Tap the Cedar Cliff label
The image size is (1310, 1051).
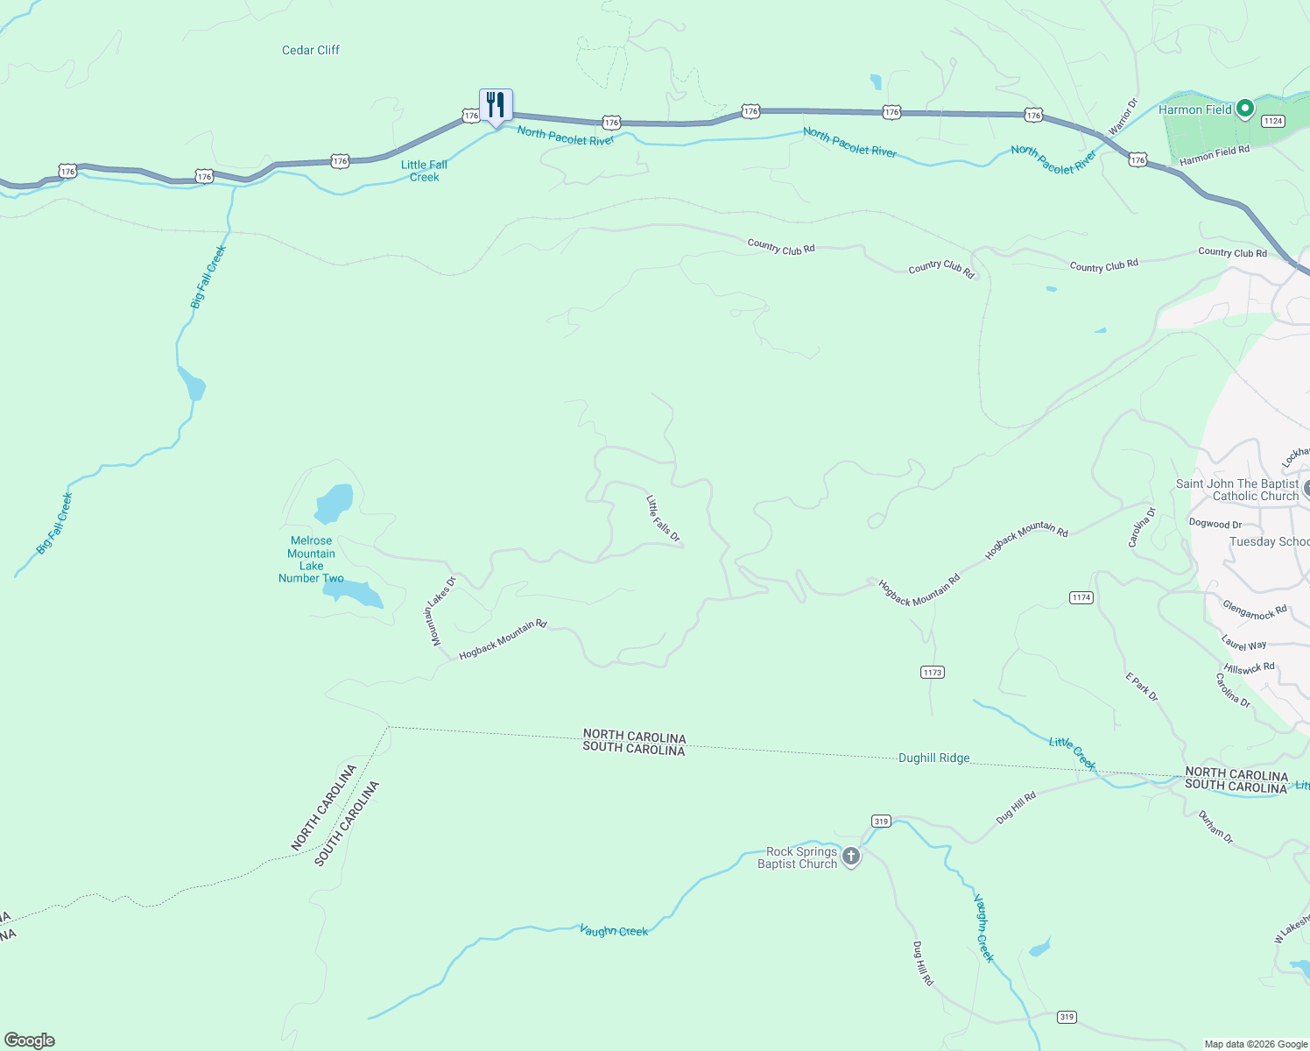coord(310,50)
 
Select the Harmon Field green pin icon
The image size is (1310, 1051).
coord(1244,109)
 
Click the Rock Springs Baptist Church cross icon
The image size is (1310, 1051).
coord(850,857)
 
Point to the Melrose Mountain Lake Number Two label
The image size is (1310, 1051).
coord(311,559)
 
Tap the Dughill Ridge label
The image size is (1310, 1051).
coord(933,758)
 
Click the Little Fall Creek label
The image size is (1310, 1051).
coord(425,171)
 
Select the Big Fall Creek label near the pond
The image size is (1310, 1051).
coord(208,277)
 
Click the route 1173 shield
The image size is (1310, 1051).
coord(932,672)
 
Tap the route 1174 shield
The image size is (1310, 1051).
coord(1081,597)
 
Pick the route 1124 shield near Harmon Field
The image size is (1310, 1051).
coord(1272,121)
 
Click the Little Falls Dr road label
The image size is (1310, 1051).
coord(663,518)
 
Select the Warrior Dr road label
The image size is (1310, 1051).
coord(1122,116)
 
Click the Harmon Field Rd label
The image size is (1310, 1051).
coord(1214,156)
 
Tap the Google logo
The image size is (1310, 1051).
coord(30,1040)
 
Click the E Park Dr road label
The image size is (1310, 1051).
coord(1142,687)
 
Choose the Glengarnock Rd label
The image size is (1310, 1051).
coord(1254,610)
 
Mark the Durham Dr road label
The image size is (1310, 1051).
coord(1215,828)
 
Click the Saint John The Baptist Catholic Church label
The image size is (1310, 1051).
coord(1236,490)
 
